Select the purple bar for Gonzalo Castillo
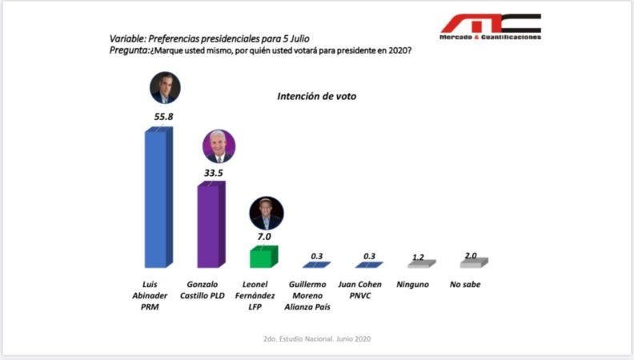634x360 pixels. tap(211, 225)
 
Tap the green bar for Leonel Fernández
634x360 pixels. tap(263, 256)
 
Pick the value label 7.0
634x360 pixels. tap(264, 237)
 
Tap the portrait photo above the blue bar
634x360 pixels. tap(166, 87)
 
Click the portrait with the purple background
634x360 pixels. tap(218, 146)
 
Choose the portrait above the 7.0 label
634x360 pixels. tap(267, 213)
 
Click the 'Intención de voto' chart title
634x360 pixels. tap(317, 96)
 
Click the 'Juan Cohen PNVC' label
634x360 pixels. tap(368, 289)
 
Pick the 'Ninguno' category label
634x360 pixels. tap(412, 284)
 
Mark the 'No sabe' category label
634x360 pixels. tap(465, 284)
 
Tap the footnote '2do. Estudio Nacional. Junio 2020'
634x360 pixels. tap(317, 338)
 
